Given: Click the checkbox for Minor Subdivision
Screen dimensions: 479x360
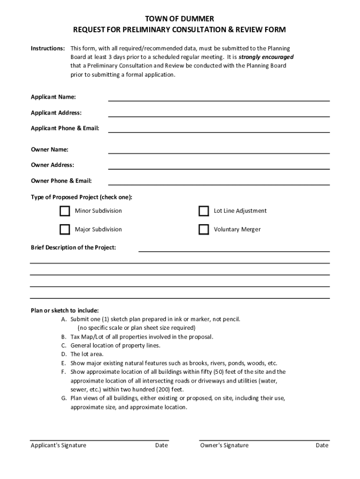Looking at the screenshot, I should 65,211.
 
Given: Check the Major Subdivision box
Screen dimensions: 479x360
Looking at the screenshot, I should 65,230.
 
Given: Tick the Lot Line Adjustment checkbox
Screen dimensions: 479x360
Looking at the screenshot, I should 203,211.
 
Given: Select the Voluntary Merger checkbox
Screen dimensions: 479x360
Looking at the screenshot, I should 203,230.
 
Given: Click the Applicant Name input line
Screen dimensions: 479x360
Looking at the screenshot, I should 219,98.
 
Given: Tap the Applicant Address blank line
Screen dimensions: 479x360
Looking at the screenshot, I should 219,113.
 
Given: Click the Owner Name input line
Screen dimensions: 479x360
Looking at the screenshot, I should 219,150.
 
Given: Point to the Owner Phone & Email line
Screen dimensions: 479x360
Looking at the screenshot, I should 219,181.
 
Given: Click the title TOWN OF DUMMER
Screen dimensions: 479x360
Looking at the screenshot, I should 180,19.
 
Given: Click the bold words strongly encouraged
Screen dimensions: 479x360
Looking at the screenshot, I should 266,57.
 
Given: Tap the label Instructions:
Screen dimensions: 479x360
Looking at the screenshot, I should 48,49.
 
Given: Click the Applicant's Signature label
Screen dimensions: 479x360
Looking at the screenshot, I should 58,445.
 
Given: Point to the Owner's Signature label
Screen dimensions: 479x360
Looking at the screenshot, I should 224,445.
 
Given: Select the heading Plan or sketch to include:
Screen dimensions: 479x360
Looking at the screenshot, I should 65,311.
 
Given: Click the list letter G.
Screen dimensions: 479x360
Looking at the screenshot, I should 64,399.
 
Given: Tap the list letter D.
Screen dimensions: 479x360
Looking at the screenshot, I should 64,355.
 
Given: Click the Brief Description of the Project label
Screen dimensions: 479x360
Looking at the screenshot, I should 73,247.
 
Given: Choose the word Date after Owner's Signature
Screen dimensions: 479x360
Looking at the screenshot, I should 322,445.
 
